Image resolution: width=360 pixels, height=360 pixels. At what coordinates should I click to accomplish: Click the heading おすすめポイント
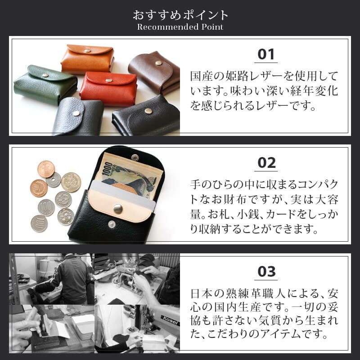(180, 14)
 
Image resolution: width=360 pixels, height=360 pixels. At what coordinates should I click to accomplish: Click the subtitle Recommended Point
(180, 27)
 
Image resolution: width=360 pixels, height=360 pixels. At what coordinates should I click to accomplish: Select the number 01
(265, 54)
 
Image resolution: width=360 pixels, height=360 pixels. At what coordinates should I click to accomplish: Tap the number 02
(265, 163)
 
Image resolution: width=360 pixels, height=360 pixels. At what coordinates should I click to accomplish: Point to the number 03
(266, 272)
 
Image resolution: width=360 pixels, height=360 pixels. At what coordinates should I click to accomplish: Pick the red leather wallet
(108, 88)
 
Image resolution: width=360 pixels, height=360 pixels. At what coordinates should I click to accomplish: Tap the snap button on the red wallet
(108, 81)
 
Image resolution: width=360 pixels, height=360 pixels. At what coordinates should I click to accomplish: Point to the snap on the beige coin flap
(118, 208)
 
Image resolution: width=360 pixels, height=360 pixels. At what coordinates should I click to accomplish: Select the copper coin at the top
(46, 169)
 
